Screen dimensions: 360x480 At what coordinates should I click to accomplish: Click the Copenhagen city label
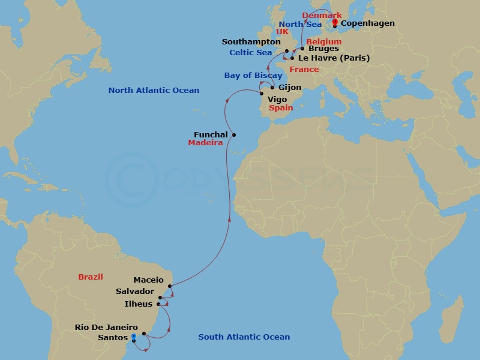coord(367,23)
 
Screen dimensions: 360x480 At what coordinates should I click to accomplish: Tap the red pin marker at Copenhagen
coord(335,24)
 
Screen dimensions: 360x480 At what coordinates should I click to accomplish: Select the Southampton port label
coord(251,42)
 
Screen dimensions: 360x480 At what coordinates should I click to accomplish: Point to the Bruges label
coord(323,49)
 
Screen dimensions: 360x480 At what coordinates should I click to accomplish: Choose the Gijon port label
coord(290,88)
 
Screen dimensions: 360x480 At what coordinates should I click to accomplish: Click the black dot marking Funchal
coord(234,135)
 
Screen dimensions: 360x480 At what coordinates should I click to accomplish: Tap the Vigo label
coord(277,98)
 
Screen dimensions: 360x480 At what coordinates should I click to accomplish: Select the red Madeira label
coord(205,143)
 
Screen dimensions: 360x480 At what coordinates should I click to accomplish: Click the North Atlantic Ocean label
coord(154,91)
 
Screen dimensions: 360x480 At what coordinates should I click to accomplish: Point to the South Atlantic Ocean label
coord(244,337)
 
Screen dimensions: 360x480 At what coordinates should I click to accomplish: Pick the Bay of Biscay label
coord(253,76)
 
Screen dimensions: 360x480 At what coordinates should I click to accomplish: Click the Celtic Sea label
coord(251,53)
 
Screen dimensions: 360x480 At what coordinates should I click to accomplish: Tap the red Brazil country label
coord(91,277)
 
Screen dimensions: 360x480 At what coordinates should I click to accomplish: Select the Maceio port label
coord(149,280)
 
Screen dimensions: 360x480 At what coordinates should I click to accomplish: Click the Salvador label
coord(135,292)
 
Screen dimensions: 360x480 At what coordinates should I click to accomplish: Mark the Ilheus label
coord(139,304)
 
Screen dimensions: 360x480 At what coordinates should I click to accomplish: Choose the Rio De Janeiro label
coord(107,327)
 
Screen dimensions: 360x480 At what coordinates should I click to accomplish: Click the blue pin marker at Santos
coord(134,337)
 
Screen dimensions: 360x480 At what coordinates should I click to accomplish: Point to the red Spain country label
coord(281,109)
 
